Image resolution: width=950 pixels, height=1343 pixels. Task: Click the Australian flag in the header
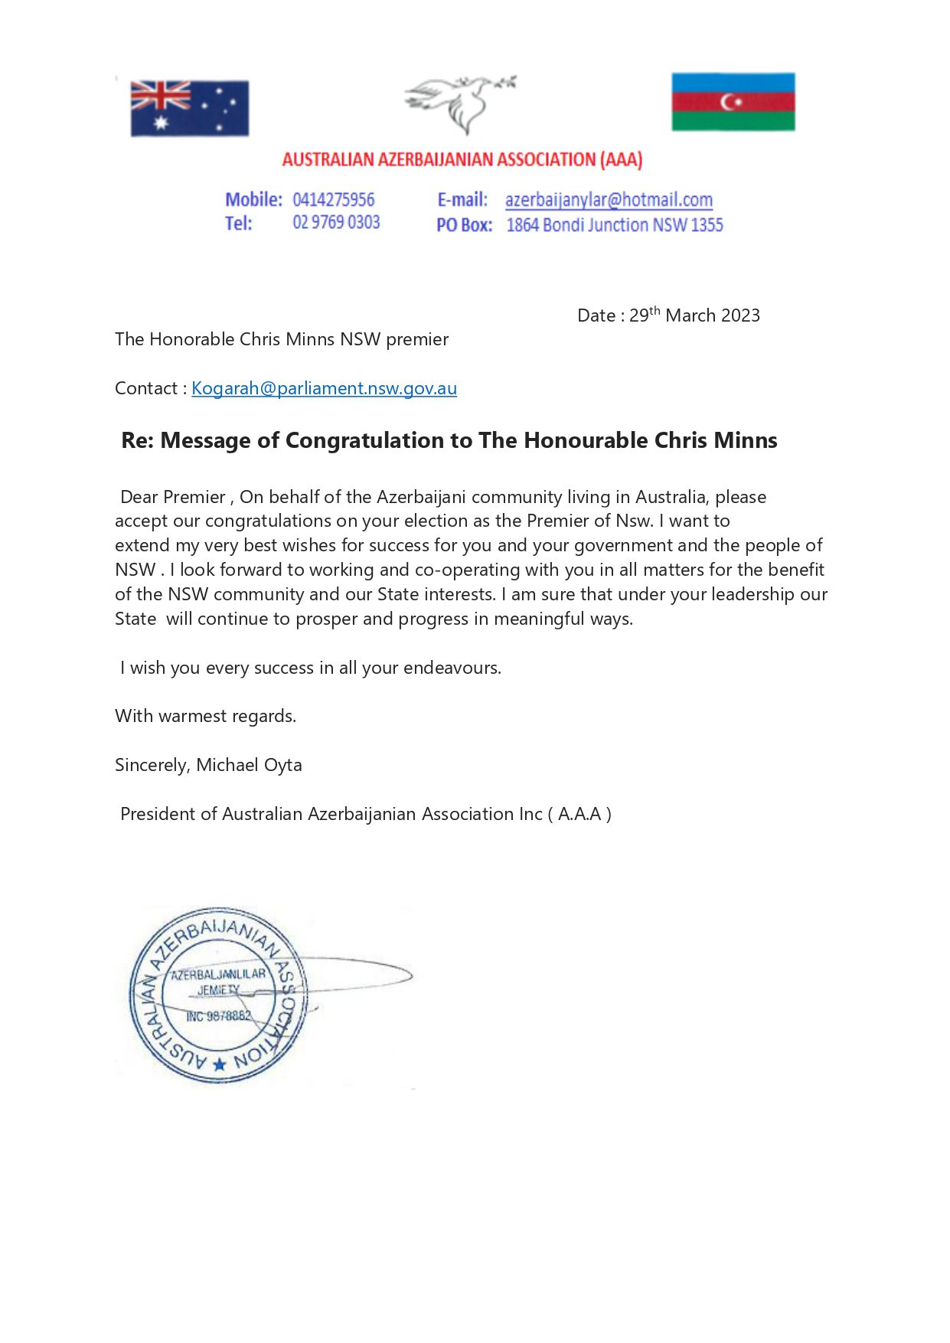[189, 108]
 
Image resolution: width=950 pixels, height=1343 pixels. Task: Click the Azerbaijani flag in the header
[733, 102]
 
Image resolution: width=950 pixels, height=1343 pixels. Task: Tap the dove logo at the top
[459, 103]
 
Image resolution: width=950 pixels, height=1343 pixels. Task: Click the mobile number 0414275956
[333, 200]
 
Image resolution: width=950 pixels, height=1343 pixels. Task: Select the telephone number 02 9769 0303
[336, 223]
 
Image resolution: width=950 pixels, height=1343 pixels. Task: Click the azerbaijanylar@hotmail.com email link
[609, 200]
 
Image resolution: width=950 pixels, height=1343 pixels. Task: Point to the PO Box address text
[614, 225]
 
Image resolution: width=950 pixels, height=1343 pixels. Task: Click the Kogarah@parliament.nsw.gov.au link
[324, 388]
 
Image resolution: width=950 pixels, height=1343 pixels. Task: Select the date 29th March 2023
[694, 315]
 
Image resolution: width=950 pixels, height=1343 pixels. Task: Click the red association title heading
[462, 159]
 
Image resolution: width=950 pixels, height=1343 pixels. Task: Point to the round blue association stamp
[217, 995]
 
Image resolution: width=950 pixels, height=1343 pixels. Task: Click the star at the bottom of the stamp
[220, 1064]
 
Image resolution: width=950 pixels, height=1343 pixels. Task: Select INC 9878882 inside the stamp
[218, 1016]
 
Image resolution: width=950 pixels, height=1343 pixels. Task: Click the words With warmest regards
[205, 716]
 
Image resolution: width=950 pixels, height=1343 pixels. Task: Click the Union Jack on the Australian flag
[160, 96]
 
